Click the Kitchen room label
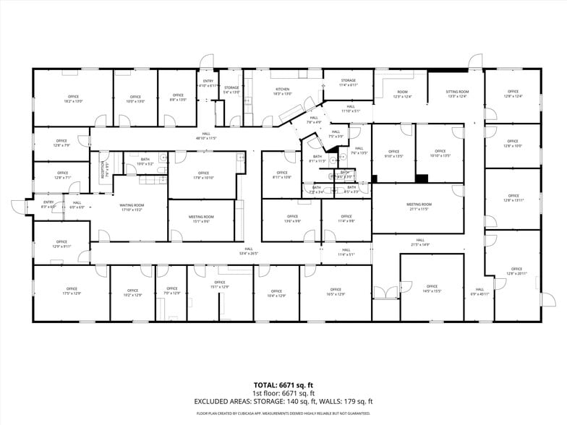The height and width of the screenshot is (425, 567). click(283, 92)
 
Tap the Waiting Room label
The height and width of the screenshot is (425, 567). click(131, 207)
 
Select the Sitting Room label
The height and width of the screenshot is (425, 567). click(457, 94)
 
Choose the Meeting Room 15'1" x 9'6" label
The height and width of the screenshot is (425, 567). click(201, 219)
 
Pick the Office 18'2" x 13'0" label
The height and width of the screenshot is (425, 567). click(73, 99)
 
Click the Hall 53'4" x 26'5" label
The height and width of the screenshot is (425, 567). click(248, 252)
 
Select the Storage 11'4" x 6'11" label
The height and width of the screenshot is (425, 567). click(348, 82)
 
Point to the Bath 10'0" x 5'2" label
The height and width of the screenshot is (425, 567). click(145, 162)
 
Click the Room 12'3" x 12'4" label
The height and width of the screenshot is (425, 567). click(402, 94)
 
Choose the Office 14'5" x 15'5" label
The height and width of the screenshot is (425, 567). click(432, 288)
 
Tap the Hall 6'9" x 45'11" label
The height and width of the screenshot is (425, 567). click(479, 292)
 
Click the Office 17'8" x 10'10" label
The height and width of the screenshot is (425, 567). click(203, 175)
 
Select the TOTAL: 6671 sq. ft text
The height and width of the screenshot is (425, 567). click(283, 385)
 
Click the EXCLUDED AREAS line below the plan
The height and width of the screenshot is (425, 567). click(283, 401)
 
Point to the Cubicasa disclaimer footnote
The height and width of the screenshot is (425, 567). click(283, 413)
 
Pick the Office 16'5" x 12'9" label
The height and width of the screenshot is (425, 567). click(336, 292)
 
